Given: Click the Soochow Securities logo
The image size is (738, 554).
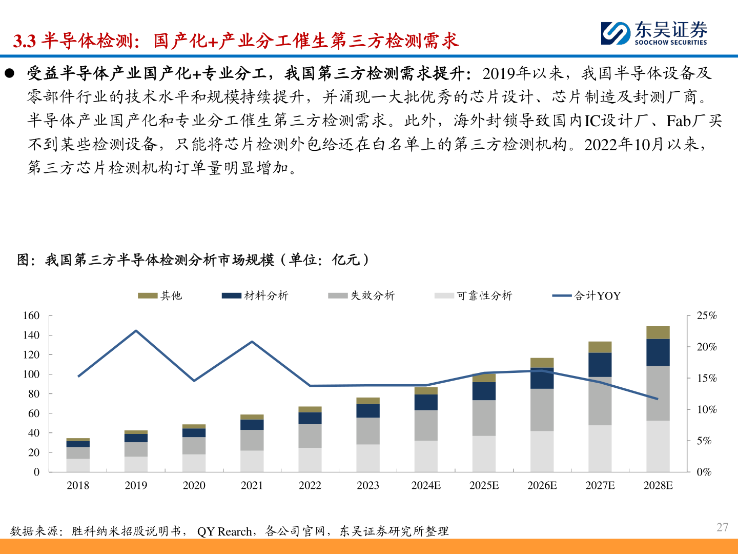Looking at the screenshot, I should pyautogui.click(x=654, y=33).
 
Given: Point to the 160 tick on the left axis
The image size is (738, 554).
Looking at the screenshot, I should pyautogui.click(x=31, y=315).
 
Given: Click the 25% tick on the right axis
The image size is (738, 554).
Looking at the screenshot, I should pyautogui.click(x=706, y=315).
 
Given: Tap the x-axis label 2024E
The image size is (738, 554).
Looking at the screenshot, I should pyautogui.click(x=426, y=485).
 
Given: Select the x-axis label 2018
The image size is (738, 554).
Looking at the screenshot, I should pyautogui.click(x=78, y=485).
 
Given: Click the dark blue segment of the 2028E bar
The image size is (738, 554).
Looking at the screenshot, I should pyautogui.click(x=658, y=352).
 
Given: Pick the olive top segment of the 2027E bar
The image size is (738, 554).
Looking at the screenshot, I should pyautogui.click(x=600, y=347).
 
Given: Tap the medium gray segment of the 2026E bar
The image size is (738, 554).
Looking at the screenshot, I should pyautogui.click(x=542, y=409).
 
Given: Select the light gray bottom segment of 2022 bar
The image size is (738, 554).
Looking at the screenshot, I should pyautogui.click(x=310, y=460).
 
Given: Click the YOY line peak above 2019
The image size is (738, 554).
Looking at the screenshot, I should pyautogui.click(x=136, y=331).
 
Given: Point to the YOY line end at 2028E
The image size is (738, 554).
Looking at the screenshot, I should pyautogui.click(x=658, y=399).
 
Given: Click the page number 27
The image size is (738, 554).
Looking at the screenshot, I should pyautogui.click(x=722, y=527).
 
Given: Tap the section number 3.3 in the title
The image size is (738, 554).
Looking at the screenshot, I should pyautogui.click(x=25, y=41).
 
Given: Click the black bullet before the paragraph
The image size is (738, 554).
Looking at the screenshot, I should pyautogui.click(x=9, y=73).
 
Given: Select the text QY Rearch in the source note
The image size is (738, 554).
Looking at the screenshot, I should pyautogui.click(x=224, y=531).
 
